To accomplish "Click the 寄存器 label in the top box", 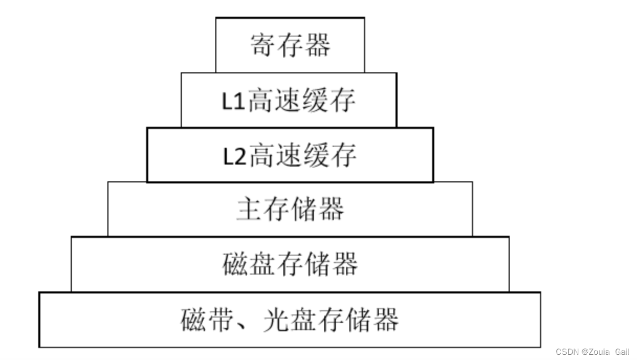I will pyautogui.click(x=290, y=45).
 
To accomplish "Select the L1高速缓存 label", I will pyautogui.click(x=289, y=101).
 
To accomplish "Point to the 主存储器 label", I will pyautogui.click(x=290, y=209).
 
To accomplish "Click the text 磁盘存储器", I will pyautogui.click(x=290, y=264).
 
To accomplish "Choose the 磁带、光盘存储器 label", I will pyautogui.click(x=290, y=320).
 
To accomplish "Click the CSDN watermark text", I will pyautogui.click(x=567, y=352).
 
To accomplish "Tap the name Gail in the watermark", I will pyautogui.click(x=622, y=352).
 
